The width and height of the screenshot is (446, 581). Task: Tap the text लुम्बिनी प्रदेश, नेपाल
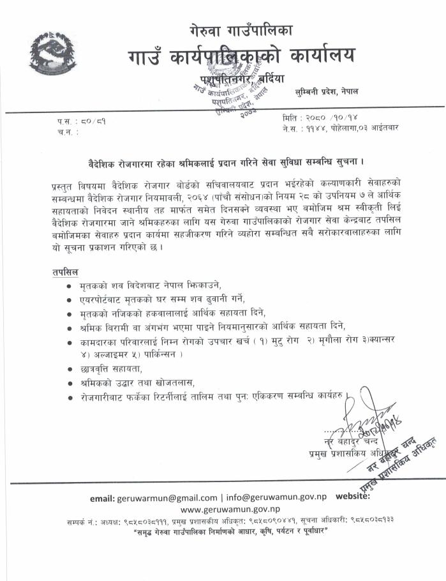(x=327, y=91)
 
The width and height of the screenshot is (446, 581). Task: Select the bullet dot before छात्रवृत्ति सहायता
(x=69, y=369)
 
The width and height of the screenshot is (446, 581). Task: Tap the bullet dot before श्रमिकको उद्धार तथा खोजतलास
(x=69, y=383)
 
